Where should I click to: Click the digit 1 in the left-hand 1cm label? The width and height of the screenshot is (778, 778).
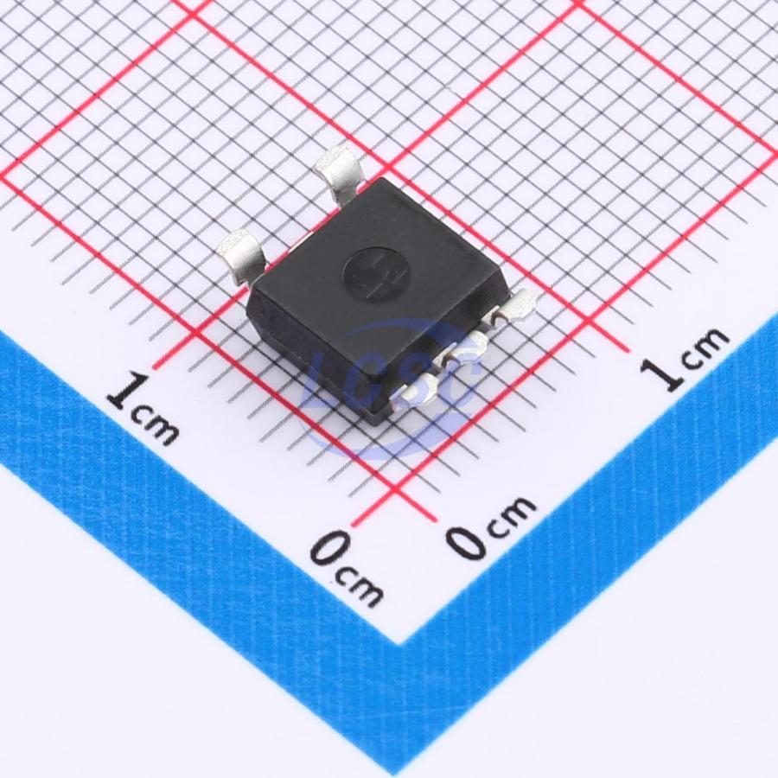click(127, 392)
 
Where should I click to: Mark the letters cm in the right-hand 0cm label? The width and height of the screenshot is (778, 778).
click(511, 514)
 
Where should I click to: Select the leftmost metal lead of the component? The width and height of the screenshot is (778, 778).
click(244, 257)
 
